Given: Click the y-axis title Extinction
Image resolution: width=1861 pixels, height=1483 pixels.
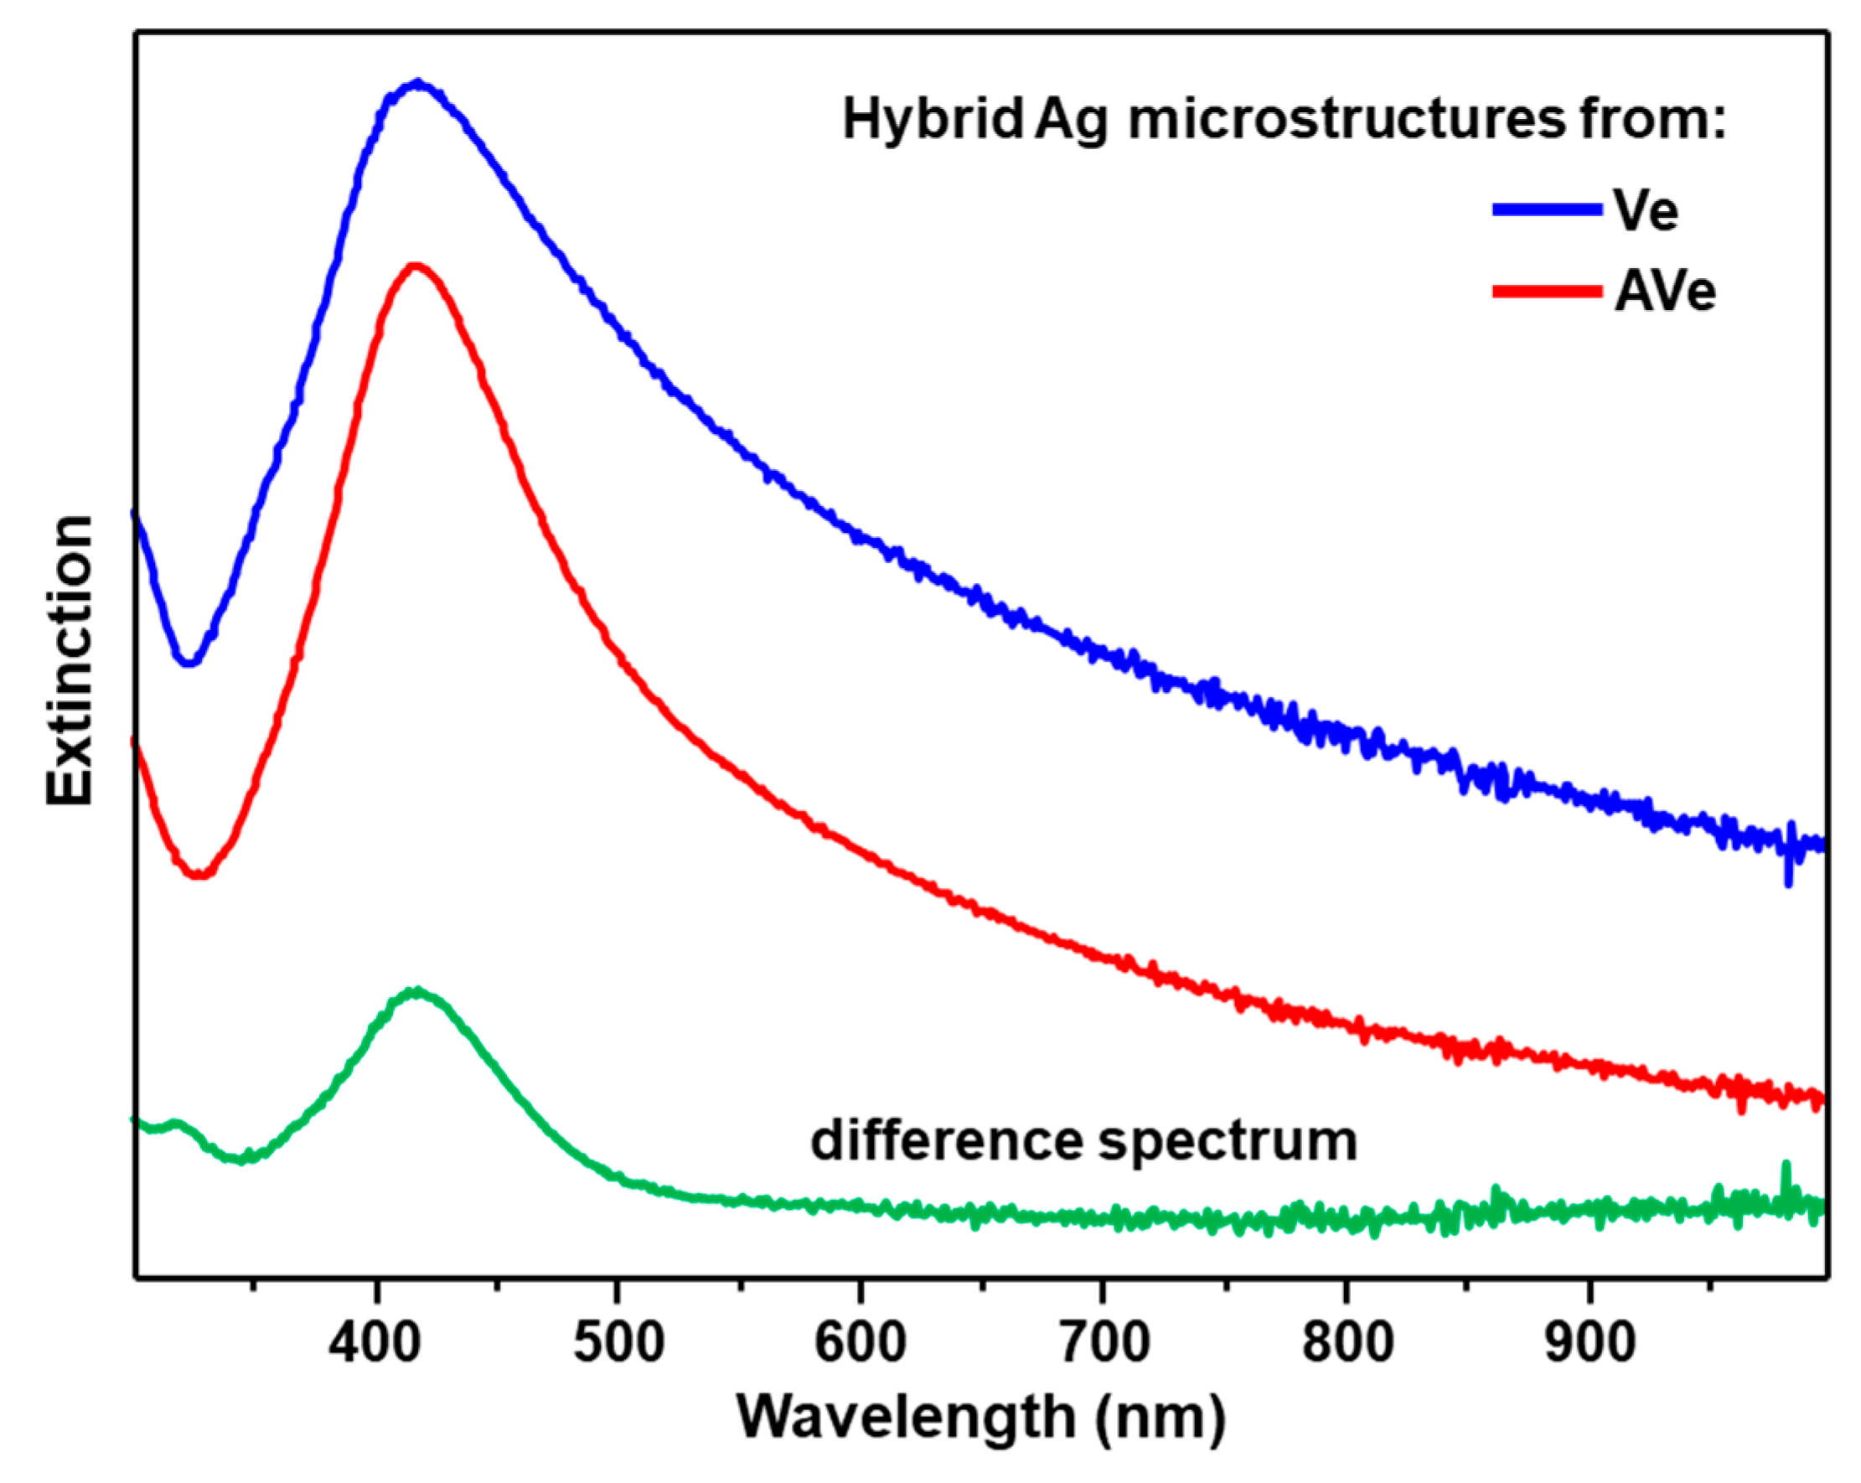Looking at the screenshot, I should pyautogui.click(x=69, y=660).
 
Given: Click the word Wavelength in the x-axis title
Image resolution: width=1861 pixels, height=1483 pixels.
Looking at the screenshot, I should pyautogui.click(x=906, y=1418).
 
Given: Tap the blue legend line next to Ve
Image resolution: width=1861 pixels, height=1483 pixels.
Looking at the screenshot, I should pyautogui.click(x=1547, y=209).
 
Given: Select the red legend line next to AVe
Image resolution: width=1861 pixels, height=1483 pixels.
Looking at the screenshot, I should pyautogui.click(x=1547, y=292).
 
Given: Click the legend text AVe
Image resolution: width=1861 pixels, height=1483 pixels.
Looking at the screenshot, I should pyautogui.click(x=1664, y=292).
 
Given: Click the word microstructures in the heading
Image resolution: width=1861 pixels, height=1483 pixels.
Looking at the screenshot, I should pyautogui.click(x=1347, y=119).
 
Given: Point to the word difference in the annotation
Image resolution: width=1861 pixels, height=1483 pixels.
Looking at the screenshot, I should pyautogui.click(x=946, y=1141).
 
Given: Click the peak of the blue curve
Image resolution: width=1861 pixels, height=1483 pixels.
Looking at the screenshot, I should pyautogui.click(x=418, y=84).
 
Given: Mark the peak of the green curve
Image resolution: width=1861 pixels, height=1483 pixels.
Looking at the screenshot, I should pyautogui.click(x=418, y=991).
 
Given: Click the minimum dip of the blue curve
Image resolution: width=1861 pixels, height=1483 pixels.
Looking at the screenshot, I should pyautogui.click(x=190, y=662).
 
